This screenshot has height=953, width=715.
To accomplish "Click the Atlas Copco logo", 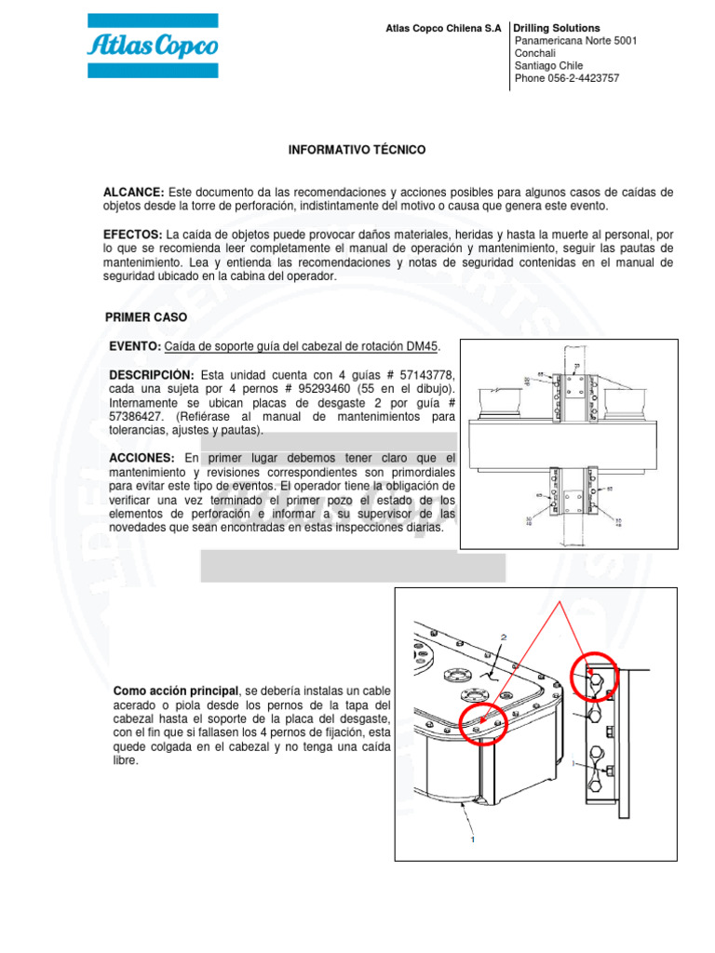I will point(153,46).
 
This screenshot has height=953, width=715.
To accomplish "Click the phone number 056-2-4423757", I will point(584,78).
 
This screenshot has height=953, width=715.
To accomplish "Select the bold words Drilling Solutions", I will point(557,29).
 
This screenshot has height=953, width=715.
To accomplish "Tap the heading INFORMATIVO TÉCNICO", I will point(357,149).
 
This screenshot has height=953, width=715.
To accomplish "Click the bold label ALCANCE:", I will point(133,192).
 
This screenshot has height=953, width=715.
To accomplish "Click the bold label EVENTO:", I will point(136,346).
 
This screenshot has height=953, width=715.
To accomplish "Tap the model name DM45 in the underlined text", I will point(423,346).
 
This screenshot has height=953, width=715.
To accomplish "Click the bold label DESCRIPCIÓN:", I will point(152,374).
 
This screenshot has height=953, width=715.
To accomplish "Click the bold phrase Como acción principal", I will point(175,691).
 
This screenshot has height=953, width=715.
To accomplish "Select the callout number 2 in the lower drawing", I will point(504,638).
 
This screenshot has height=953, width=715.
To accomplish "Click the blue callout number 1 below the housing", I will point(473,839).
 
